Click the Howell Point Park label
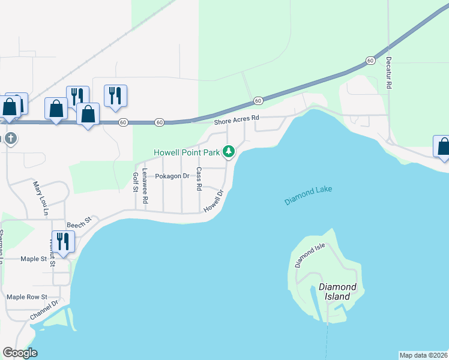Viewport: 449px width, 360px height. pyautogui.click(x=187, y=152)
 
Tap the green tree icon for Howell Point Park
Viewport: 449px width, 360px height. pyautogui.click(x=228, y=152)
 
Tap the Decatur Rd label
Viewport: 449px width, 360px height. pyautogui.click(x=389, y=73)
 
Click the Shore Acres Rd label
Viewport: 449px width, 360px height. pyautogui.click(x=237, y=121)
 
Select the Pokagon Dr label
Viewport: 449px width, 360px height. pyautogui.click(x=172, y=176)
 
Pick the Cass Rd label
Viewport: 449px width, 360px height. pyautogui.click(x=199, y=178)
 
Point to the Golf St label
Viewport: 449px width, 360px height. pyautogui.click(x=135, y=182)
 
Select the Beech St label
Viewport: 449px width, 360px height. pyautogui.click(x=79, y=222)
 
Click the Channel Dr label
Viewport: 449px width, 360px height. pyautogui.click(x=44, y=310)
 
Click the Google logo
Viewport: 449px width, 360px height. pyautogui.click(x=20, y=353)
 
